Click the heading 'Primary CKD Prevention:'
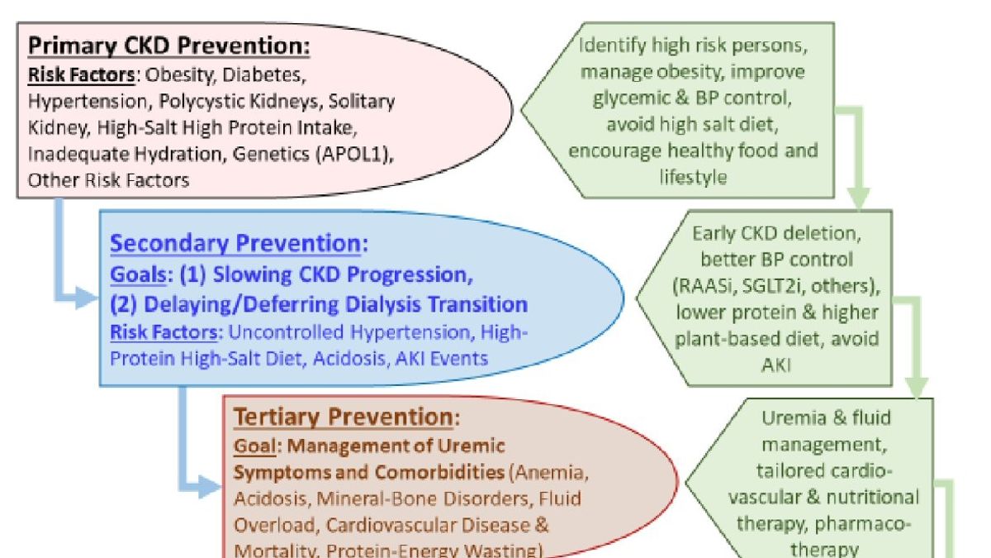pyautogui.click(x=169, y=45)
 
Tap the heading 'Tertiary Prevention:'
pyautogui.click(x=346, y=417)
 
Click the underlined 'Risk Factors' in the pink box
pyautogui.click(x=81, y=75)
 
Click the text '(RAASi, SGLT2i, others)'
pyautogui.click(x=777, y=286)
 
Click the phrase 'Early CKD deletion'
pyautogui.click(x=777, y=233)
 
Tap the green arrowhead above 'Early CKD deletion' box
pyautogui.click(x=859, y=199)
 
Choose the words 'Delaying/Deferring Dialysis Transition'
pyautogui.click(x=336, y=304)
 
